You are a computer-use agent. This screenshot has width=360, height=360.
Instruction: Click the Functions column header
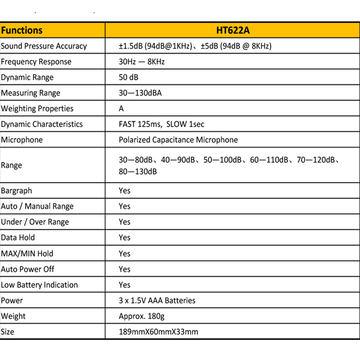(22, 30)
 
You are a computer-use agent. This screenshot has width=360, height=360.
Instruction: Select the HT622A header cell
(233, 30)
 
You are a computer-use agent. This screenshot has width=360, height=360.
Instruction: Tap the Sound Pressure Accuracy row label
(44, 46)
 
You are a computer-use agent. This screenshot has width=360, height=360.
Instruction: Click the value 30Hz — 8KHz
(142, 61)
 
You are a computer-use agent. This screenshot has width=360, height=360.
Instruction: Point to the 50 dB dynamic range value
(128, 77)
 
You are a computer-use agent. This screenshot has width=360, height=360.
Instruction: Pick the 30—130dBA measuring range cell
(140, 93)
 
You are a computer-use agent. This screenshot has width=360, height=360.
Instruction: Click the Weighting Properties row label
(37, 109)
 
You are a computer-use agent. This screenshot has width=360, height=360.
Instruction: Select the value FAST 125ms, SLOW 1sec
(161, 124)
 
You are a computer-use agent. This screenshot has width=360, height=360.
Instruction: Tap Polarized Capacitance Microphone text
(178, 140)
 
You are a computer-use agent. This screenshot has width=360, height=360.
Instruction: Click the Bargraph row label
(17, 191)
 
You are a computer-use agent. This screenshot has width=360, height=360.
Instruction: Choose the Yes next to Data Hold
(124, 238)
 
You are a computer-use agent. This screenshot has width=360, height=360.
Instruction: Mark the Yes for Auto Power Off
(124, 269)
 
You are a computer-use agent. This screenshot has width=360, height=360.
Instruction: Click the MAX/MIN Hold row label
(27, 254)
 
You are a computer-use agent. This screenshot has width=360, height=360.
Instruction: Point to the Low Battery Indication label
(39, 285)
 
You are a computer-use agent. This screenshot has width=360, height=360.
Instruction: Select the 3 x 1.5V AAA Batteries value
(157, 300)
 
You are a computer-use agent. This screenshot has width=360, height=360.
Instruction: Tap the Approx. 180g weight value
(142, 316)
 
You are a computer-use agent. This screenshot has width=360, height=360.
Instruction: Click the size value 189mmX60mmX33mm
(158, 332)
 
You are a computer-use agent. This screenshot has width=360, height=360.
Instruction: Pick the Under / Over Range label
(35, 222)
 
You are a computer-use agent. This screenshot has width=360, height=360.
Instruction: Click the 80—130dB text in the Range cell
(138, 172)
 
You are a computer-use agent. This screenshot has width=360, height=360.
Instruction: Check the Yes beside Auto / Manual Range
(124, 206)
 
